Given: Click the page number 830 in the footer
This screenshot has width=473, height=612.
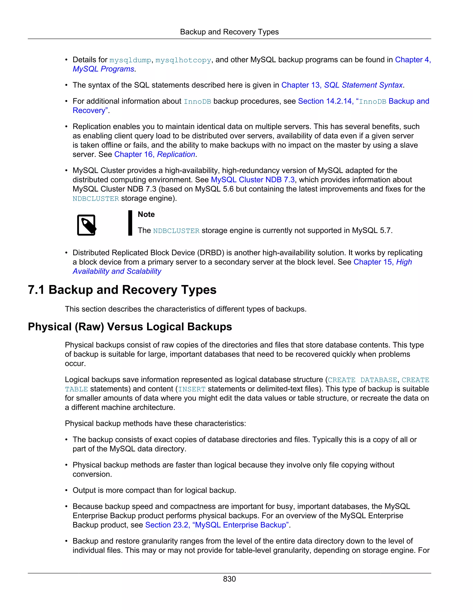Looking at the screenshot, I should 229,579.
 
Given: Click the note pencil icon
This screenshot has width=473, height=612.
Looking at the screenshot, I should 87,225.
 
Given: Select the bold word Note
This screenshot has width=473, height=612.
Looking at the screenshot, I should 146,214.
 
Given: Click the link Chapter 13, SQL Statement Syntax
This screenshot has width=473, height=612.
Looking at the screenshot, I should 342,85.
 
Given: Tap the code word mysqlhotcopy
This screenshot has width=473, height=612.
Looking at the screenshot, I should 183,60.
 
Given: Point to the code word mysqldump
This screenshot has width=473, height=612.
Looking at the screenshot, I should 130,60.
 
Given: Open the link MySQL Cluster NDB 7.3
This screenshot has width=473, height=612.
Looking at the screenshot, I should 252,180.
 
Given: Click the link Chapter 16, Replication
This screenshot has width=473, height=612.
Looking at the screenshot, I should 155,155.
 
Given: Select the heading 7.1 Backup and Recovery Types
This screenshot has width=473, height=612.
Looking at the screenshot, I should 122,290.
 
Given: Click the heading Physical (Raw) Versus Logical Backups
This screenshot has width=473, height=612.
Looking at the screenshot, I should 130,327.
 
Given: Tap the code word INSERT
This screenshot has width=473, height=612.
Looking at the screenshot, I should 192,389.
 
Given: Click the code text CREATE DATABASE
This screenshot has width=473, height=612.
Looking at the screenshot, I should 362,380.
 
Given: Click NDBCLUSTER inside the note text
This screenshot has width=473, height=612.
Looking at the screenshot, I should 176,231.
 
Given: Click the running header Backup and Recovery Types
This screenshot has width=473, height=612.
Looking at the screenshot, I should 229,32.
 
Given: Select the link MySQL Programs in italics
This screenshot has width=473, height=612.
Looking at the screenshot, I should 103,69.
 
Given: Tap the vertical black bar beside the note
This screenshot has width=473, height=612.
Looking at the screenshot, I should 130,223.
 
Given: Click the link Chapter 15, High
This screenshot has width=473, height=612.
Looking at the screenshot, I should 382,262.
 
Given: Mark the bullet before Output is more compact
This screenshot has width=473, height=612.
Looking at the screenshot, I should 67,490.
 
